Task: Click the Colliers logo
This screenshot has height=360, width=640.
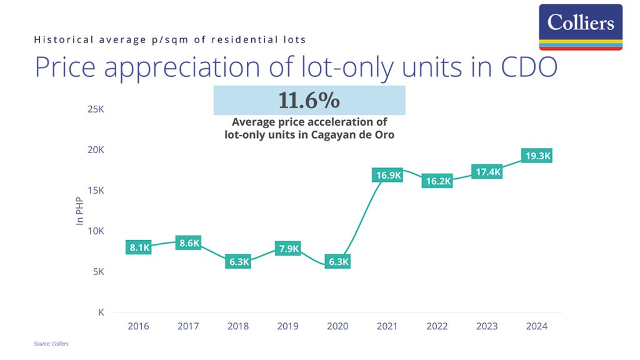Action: [x=581, y=27]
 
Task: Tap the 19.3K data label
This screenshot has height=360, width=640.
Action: [x=537, y=156]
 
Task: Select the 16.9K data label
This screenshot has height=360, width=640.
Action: [x=387, y=176]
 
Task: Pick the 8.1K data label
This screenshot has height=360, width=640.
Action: [x=139, y=247]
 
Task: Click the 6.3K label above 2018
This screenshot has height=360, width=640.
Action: [x=239, y=262]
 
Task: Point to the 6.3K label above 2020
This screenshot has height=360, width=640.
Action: [x=338, y=262]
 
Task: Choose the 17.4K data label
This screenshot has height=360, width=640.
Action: [x=487, y=172]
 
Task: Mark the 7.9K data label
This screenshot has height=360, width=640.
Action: [x=289, y=249]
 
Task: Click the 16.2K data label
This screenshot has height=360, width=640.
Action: [x=437, y=181]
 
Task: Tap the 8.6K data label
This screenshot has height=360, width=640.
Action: [x=188, y=243]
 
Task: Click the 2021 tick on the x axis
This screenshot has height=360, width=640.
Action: [x=387, y=326]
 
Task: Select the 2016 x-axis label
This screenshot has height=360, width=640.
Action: [x=139, y=326]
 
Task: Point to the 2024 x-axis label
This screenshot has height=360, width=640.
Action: [x=537, y=326]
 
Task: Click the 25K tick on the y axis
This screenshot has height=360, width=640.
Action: [x=96, y=109]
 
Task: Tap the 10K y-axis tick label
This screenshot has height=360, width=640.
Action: [x=96, y=231]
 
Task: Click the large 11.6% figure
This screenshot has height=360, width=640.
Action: [x=309, y=100]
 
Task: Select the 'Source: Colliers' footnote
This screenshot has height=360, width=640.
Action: [x=51, y=344]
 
